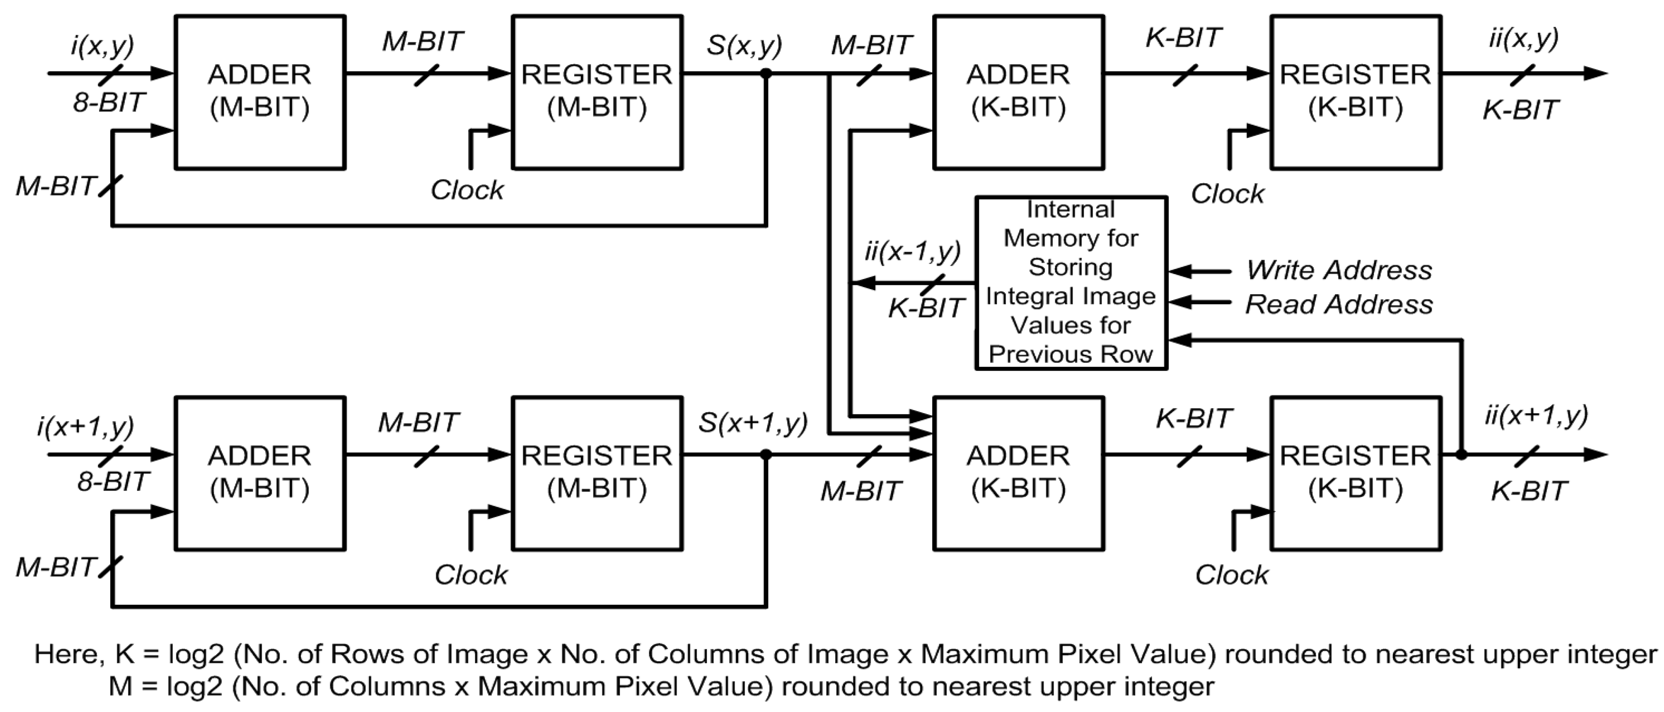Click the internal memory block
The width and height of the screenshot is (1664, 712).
pyautogui.click(x=1071, y=282)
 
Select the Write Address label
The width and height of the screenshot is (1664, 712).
pyautogui.click(x=1338, y=270)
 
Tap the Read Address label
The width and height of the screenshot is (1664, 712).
pyautogui.click(x=1338, y=304)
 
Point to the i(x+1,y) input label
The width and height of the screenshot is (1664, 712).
pyautogui.click(x=85, y=427)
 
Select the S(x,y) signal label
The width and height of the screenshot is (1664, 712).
pyautogui.click(x=744, y=45)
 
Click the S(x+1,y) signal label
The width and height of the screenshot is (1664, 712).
pyautogui.click(x=752, y=422)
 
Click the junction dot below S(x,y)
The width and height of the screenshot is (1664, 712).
pyautogui.click(x=766, y=74)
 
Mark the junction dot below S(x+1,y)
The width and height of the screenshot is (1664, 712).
pyautogui.click(x=766, y=455)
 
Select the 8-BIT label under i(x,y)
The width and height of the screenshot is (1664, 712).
pyautogui.click(x=108, y=103)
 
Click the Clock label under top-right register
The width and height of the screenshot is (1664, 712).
pyautogui.click(x=1227, y=193)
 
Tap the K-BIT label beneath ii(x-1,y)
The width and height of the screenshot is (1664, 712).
pyautogui.click(x=926, y=308)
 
